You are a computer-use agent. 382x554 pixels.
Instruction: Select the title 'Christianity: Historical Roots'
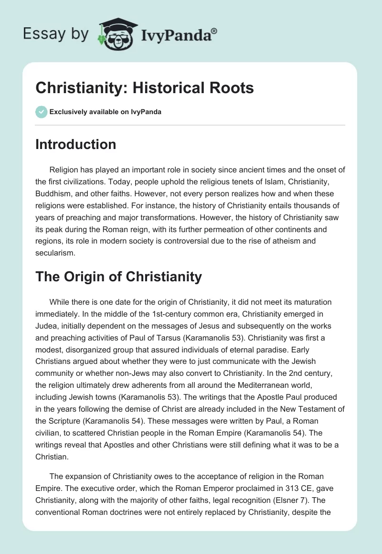tap(145, 88)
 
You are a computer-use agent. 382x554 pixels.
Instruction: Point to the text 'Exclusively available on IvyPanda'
tap(106, 112)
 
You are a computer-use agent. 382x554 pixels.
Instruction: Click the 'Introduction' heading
tap(75, 144)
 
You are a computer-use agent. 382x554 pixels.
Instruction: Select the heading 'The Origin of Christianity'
tap(118, 276)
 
